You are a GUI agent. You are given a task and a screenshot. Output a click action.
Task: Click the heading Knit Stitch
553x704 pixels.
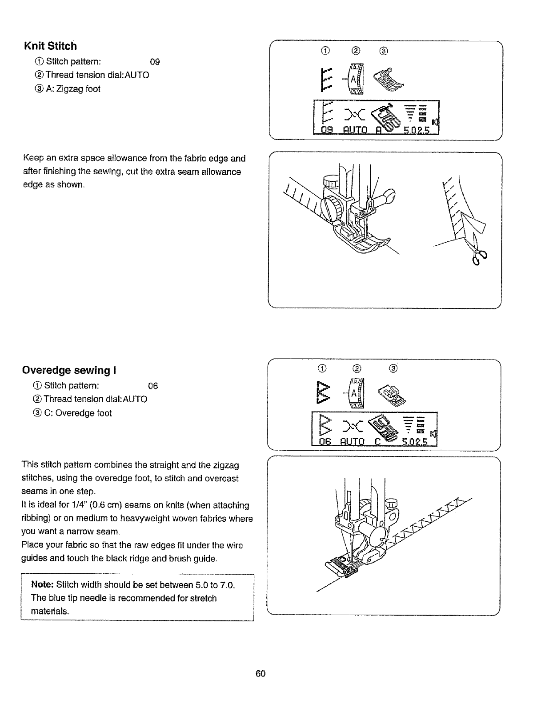(50, 46)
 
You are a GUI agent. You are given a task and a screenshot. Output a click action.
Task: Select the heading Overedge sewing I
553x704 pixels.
(66, 370)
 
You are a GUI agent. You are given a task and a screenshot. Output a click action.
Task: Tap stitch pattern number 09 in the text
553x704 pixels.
(155, 62)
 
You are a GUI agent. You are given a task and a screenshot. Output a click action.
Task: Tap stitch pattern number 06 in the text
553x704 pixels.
(153, 386)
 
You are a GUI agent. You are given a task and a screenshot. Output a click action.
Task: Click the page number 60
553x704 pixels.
(260, 674)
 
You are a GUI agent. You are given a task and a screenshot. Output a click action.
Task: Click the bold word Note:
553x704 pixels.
(43, 584)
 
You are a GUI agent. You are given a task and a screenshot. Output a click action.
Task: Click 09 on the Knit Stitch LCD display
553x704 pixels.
(327, 130)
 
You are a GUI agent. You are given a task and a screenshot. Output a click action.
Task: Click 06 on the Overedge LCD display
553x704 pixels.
(326, 441)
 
